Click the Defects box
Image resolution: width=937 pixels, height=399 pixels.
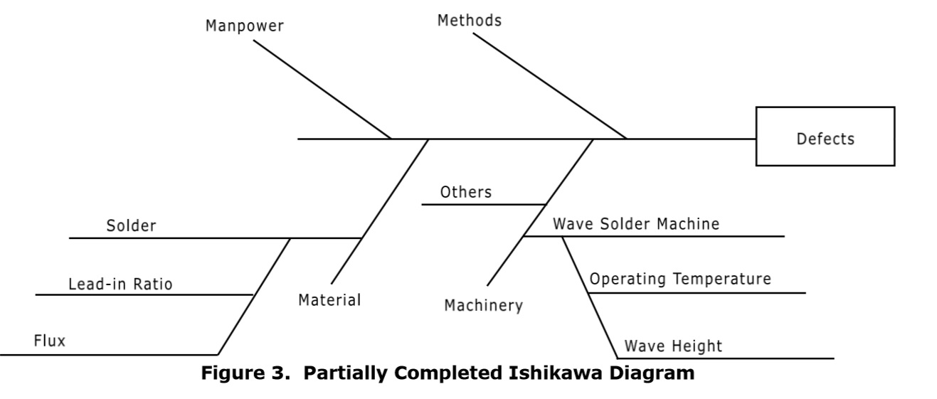pos(825,137)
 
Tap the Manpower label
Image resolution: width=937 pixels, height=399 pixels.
pos(244,26)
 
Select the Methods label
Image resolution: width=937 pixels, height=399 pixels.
pos(469,21)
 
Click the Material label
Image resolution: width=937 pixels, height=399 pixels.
pos(329,300)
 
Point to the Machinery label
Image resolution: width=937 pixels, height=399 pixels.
pos(483,306)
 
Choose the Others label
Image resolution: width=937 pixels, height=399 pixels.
pos(465,192)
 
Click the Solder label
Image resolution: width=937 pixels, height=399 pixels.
pos(131,226)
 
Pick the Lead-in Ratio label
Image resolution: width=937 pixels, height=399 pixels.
pos(120,284)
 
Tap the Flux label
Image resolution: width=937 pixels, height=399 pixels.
pos(49,341)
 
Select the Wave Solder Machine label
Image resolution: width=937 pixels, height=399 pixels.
pos(636,224)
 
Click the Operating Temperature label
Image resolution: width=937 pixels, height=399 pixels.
pos(679,279)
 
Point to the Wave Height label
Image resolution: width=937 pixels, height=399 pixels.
pos(672,346)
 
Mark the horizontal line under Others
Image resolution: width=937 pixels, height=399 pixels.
pos(484,204)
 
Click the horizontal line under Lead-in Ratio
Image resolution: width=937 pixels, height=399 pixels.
pos(142,294)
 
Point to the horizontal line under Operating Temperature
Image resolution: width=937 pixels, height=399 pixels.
pos(697,292)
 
